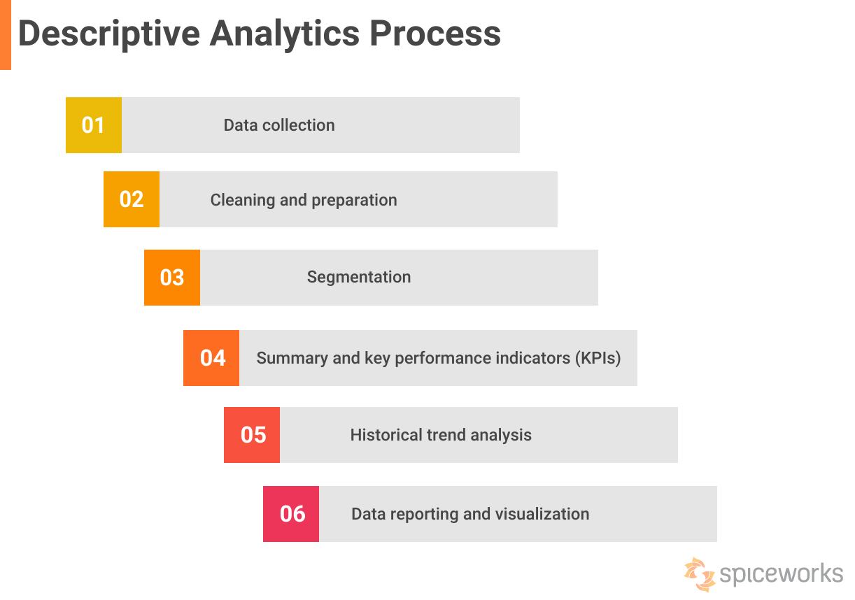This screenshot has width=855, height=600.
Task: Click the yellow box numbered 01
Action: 94,125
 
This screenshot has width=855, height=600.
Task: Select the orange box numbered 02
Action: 132,199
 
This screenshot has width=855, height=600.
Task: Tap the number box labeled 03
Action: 172,278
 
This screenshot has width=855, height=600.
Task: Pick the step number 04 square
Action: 211,358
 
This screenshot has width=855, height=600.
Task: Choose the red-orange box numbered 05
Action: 252,435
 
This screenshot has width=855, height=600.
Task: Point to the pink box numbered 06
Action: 291,514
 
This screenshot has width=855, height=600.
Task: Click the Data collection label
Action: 279,125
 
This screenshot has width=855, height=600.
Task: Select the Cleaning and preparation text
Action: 304,200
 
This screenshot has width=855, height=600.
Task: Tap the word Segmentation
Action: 359,277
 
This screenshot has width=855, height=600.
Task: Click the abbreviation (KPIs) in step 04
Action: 598,358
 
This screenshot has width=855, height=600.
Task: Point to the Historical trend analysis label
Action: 441,435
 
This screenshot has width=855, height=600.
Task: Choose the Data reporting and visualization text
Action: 470,514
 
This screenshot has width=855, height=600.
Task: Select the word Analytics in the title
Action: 285,34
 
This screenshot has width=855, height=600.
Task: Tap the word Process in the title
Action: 435,34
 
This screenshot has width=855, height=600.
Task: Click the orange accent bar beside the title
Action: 6,35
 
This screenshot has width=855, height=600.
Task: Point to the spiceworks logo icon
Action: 700,573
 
